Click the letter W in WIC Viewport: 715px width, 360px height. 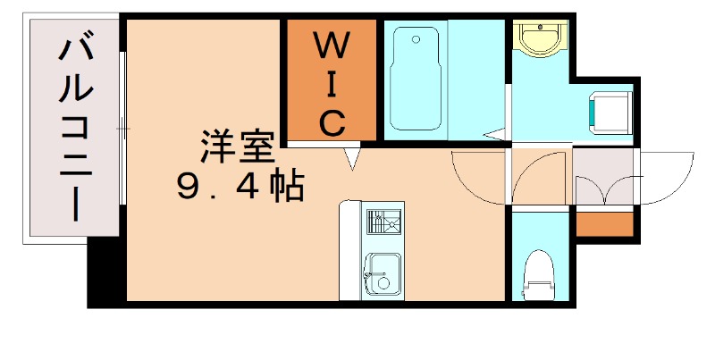pyautogui.click(x=329, y=43)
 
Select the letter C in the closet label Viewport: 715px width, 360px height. pyautogui.click(x=330, y=121)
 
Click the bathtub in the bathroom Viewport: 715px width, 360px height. pyautogui.click(x=416, y=79)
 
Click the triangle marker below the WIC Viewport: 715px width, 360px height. pyautogui.click(x=354, y=158)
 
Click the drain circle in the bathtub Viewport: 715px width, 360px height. pyautogui.click(x=416, y=40)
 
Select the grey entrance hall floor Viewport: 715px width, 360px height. pyautogui.click(x=602, y=179)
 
